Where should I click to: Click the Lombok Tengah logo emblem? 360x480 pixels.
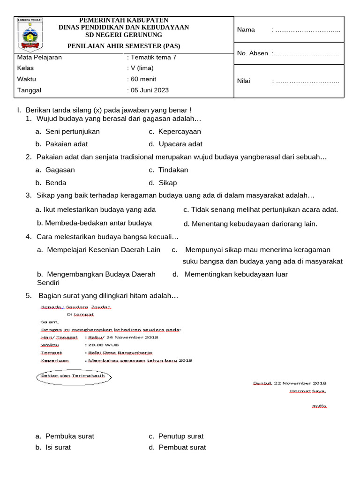point(30,34)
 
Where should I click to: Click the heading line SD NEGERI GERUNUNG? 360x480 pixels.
point(123,35)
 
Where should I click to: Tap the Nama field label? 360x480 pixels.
point(246,30)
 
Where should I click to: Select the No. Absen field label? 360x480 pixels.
point(253,53)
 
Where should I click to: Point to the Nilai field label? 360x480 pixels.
point(244,81)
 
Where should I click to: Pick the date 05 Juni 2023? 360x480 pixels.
point(149,90)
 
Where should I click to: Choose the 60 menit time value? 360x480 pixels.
point(143,79)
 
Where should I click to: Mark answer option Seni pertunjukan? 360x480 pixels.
point(72,132)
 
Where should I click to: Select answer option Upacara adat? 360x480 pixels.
point(180,144)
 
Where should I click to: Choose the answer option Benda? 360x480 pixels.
point(56,183)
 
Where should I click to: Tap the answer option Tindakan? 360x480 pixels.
point(173,170)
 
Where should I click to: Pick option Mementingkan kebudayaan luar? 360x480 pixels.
point(236,274)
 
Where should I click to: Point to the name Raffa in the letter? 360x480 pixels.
point(319,406)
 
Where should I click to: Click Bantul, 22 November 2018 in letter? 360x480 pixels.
point(290,383)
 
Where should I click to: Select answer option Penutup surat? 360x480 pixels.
point(180,436)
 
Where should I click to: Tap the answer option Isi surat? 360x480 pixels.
point(58,448)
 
